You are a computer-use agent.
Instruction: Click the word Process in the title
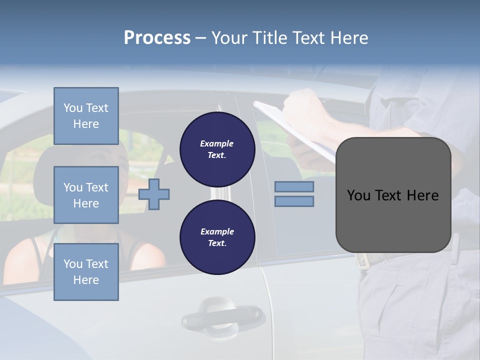(x=157, y=38)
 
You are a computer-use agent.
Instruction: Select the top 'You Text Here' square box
(x=86, y=116)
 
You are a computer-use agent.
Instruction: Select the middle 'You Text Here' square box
(x=86, y=195)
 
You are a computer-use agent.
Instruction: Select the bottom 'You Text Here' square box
(x=86, y=272)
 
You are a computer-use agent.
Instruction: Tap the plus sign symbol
(x=154, y=194)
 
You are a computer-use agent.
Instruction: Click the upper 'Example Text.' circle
(x=217, y=149)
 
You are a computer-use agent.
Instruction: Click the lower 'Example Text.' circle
(x=217, y=237)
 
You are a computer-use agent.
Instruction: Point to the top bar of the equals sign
(x=294, y=186)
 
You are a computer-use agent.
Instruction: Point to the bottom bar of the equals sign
(x=294, y=201)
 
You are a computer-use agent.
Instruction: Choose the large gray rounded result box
(x=393, y=220)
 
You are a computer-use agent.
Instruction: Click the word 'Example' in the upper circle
(x=217, y=143)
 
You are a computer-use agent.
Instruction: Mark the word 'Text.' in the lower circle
(x=217, y=243)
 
